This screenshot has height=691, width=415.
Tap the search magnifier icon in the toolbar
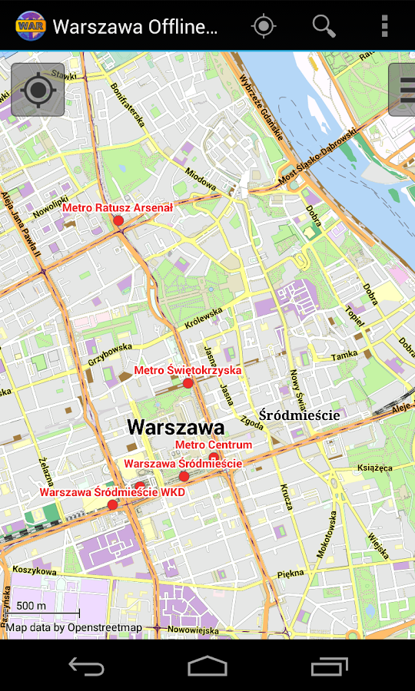(x=324, y=26)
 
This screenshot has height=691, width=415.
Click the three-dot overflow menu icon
(x=384, y=26)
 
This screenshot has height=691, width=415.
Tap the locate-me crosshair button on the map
(x=38, y=89)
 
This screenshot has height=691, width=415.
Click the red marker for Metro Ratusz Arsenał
(x=118, y=221)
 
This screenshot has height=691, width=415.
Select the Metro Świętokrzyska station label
(x=188, y=370)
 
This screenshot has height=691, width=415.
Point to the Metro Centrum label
(x=214, y=445)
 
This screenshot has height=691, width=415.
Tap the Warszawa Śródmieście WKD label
(x=112, y=492)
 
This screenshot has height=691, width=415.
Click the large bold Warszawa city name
(x=175, y=427)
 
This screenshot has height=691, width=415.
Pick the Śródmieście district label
(x=299, y=415)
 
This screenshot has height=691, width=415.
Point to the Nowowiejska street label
(x=194, y=630)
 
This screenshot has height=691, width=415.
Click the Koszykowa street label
(x=35, y=570)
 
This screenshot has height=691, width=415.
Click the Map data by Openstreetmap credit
(x=75, y=628)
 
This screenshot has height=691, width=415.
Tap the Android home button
(x=207, y=666)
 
